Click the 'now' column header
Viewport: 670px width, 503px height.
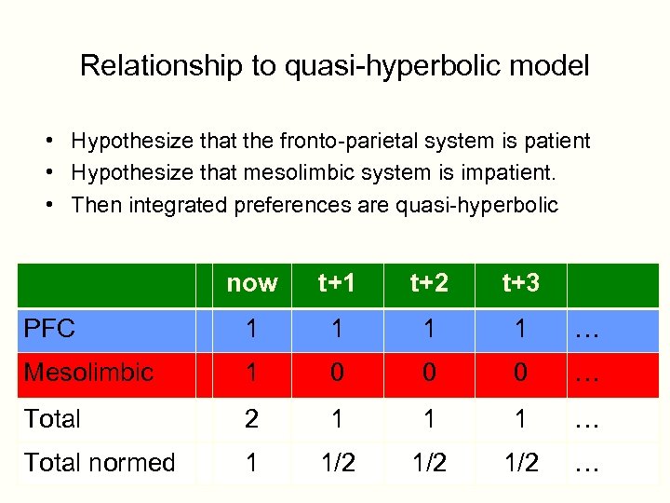point(251,283)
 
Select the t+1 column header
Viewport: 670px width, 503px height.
point(336,283)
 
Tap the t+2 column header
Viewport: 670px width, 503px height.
point(429,283)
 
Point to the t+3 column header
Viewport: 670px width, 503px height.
point(520,283)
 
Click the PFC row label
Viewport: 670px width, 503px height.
point(50,329)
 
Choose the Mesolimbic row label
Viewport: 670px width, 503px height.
point(88,373)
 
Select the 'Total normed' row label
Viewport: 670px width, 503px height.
point(100,462)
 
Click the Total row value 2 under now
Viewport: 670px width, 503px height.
point(251,418)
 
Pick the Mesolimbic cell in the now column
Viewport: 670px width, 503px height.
point(251,373)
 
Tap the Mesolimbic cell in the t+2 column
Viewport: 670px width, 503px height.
point(429,373)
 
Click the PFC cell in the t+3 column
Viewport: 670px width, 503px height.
point(520,329)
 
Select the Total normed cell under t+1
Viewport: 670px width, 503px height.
point(336,462)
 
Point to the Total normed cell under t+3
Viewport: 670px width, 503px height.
point(520,462)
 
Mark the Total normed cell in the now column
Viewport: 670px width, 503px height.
point(251,462)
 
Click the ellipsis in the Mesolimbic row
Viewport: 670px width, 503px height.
point(586,374)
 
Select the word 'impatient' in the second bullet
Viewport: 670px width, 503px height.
point(513,173)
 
